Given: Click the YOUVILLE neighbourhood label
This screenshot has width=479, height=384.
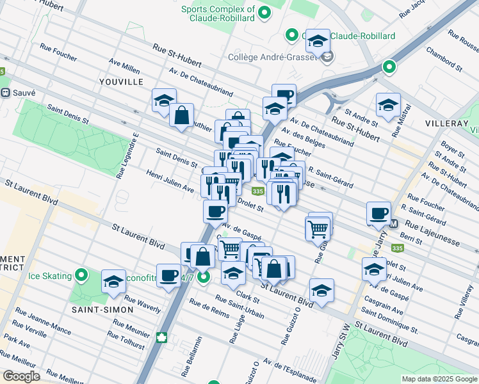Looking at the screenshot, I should tap(121, 81).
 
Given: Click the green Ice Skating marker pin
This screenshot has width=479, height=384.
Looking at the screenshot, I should tap(81, 276).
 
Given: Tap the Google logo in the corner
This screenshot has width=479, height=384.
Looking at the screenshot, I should tap(21, 376).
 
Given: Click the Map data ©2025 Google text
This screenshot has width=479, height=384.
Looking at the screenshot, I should tap(439, 379).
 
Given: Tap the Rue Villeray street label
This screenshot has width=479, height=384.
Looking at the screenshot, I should tap(464, 303).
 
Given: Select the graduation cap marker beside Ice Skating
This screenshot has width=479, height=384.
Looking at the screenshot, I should tap(113, 282).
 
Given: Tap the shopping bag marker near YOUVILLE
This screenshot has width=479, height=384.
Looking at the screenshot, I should tap(182, 116).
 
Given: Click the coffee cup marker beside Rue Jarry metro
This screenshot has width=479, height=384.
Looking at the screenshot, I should tap(378, 213).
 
